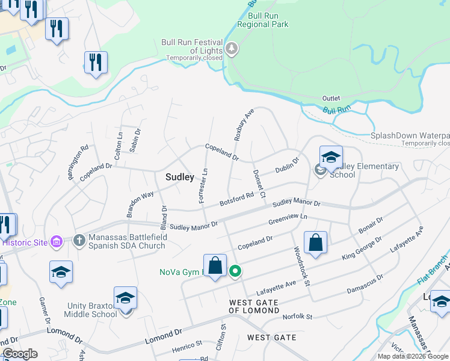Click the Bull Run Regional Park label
pos(262,20)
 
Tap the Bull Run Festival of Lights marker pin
pos(232,49)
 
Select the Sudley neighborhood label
pos(180,177)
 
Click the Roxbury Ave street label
pos(244,125)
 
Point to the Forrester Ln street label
pos(203,185)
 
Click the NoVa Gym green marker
pos(235,272)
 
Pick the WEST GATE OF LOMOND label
pos(254,306)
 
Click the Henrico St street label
pos(186,345)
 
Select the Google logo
pos(20,354)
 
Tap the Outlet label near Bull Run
pos(331,98)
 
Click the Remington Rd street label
pos(78,155)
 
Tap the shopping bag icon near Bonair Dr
pos(315,244)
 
